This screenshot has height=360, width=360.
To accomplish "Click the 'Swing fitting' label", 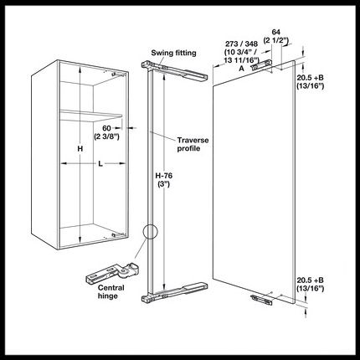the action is pyautogui.click(x=173, y=53).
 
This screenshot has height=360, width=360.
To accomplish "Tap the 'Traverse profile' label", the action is pyautogui.click(x=193, y=144).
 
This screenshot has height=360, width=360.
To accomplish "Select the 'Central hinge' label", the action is pyautogui.click(x=111, y=291).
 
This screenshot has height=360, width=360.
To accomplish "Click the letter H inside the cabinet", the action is pyautogui.click(x=80, y=149).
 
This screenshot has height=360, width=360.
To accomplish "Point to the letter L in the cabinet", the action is pyautogui.click(x=100, y=163).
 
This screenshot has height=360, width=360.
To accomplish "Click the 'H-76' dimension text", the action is pyautogui.click(x=164, y=176).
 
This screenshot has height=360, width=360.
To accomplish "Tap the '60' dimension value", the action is pyautogui.click(x=106, y=128).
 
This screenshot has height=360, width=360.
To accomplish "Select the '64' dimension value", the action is pyautogui.click(x=275, y=32).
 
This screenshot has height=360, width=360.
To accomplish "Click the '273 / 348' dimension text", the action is pyautogui.click(x=241, y=44).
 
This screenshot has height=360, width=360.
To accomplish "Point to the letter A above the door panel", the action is pyautogui.click(x=242, y=69).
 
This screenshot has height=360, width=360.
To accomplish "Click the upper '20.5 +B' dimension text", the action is pyautogui.click(x=310, y=77).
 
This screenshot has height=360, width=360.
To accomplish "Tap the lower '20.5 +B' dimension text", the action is pyautogui.click(x=310, y=280).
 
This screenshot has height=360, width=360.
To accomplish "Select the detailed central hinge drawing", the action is pyautogui.click(x=112, y=273).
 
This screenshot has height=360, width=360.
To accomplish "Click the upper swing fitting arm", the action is pyautogui.click(x=174, y=71).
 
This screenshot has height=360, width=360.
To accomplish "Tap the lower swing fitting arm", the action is pyautogui.click(x=174, y=292).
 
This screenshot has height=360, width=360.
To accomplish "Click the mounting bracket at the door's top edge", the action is pyautogui.click(x=261, y=64).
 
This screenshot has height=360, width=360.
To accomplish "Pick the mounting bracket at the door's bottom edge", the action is pyautogui.click(x=261, y=300).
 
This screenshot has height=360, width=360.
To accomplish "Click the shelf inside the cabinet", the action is pyautogui.click(x=91, y=115).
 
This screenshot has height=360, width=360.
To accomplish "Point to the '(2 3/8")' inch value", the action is pyautogui.click(x=106, y=136).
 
